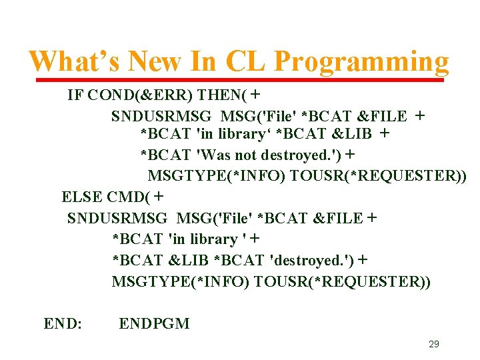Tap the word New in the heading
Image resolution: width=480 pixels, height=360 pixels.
coord(152,62)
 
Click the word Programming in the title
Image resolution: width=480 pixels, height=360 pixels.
coord(361,62)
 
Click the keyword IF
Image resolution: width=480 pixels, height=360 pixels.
coord(75,95)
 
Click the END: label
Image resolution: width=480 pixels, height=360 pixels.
coord(63,324)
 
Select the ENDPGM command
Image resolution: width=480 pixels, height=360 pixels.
coord(154,324)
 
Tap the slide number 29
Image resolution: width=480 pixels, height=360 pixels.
coord(433,345)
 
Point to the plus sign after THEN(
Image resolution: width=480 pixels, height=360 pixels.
coord(255,95)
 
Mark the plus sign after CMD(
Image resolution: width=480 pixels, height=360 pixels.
coord(159,197)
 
